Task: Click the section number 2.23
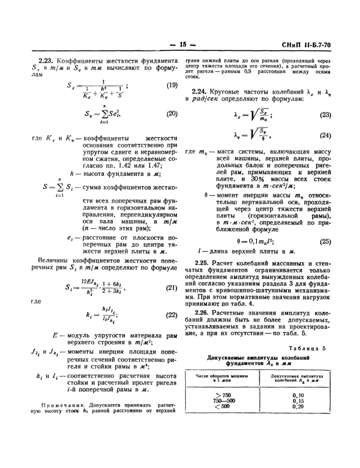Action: (x=47, y=60)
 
